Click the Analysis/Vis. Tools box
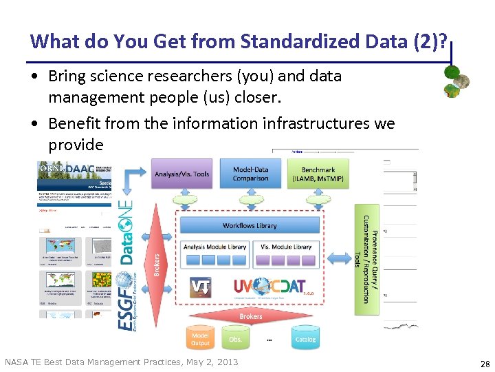[182, 174]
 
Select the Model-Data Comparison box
[250, 174]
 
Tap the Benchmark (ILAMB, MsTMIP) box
[318, 174]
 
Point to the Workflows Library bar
[250, 225]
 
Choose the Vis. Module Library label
[286, 247]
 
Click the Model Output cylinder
[200, 338]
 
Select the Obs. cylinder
[235, 338]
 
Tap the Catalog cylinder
[305, 338]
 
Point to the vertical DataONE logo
[127, 231]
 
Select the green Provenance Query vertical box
[366, 259]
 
